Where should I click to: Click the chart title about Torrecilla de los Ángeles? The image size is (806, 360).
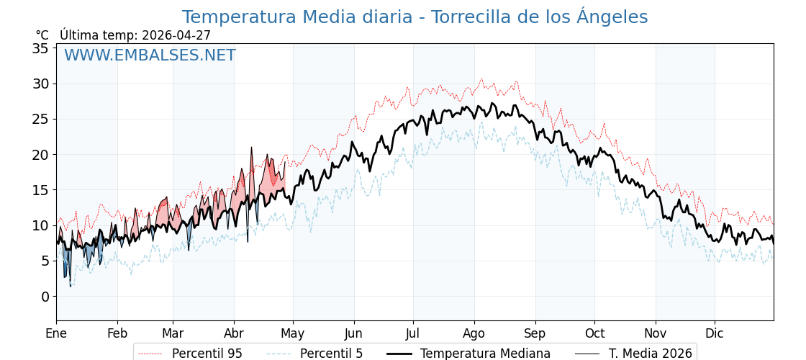click(415, 17)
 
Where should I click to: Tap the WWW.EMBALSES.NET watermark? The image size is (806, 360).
click(150, 55)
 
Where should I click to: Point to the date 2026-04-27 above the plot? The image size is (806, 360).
click(176, 35)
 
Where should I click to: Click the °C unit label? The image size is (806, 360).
click(42, 35)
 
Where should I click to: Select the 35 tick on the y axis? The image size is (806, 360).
click(40, 48)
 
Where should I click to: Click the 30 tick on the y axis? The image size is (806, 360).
click(40, 84)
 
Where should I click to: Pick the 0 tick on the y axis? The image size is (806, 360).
click(45, 296)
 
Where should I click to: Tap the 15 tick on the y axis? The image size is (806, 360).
click(40, 190)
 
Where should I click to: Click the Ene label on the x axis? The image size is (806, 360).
click(56, 333)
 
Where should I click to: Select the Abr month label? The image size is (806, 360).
click(234, 333)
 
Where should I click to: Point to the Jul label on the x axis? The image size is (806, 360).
click(413, 333)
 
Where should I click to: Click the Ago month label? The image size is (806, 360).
click(474, 333)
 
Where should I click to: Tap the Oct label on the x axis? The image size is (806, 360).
click(594, 333)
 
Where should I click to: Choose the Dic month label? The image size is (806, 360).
click(715, 333)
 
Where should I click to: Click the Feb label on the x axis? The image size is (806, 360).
click(117, 333)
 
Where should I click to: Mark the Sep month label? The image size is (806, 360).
click(535, 333)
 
